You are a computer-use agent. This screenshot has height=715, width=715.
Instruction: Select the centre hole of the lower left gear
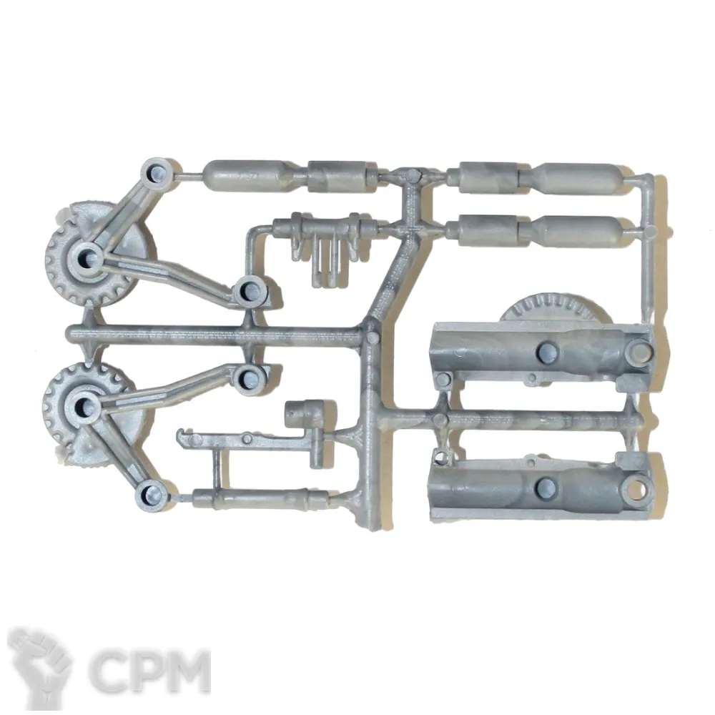[83, 404]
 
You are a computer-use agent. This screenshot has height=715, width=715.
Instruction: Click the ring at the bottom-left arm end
[152, 495]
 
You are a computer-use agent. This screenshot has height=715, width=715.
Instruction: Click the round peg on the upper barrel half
[547, 350]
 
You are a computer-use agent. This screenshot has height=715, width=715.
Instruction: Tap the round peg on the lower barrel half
[547, 487]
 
